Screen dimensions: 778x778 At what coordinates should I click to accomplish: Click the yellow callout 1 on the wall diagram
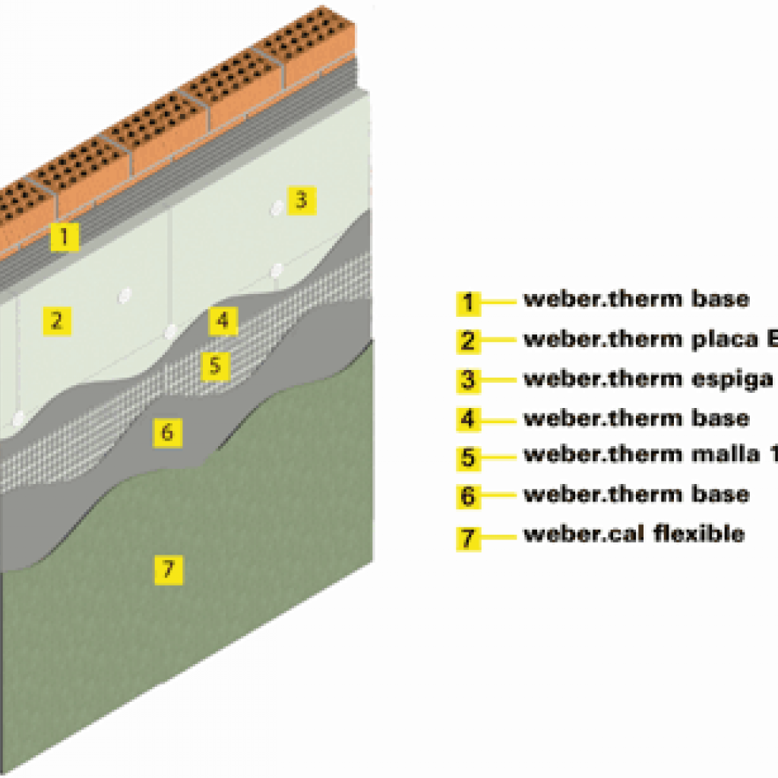(65, 237)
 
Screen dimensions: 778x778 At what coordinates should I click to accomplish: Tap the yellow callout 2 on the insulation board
(55, 321)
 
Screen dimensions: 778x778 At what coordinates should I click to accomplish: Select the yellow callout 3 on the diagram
(301, 201)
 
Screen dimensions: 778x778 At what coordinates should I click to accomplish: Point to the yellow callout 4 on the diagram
(222, 321)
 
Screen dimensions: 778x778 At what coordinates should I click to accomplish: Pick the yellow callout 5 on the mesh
(215, 365)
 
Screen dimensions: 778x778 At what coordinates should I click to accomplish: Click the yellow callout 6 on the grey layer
(167, 432)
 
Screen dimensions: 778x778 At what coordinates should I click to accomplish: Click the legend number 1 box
(468, 302)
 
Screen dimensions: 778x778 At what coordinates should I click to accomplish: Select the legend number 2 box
(468, 341)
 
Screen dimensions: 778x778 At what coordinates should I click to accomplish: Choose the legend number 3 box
(468, 380)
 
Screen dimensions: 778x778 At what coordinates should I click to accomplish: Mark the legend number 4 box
(468, 419)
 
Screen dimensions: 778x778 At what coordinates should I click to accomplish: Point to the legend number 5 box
(468, 458)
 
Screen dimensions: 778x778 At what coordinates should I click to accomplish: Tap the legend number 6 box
(468, 497)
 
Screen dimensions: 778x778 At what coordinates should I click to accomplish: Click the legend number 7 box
(468, 536)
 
